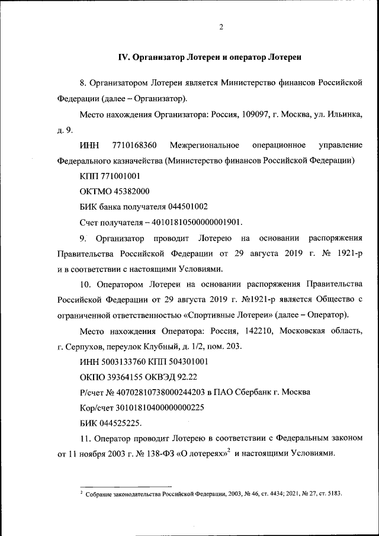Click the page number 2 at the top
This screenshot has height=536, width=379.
click(220, 27)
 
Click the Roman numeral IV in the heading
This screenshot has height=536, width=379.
click(124, 57)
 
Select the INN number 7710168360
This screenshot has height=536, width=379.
click(133, 145)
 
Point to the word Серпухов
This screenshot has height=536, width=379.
click(85, 345)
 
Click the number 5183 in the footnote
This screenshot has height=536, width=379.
click(333, 493)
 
